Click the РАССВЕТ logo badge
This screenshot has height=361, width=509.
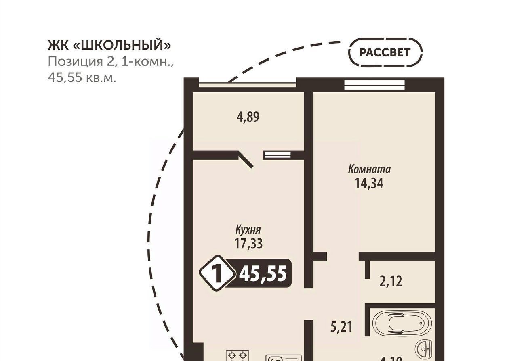click(x=385, y=52)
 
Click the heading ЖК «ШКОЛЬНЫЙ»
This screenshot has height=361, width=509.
click(x=109, y=46)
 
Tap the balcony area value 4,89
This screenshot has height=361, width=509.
click(x=248, y=117)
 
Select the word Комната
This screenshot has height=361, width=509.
click(x=369, y=169)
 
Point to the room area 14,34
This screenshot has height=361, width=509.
click(x=369, y=184)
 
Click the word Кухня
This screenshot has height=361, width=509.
click(x=248, y=230)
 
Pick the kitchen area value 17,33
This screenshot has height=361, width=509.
click(x=248, y=244)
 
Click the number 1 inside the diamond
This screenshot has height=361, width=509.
click(x=217, y=274)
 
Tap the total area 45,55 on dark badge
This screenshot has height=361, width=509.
click(x=263, y=274)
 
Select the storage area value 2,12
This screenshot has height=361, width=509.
click(x=391, y=281)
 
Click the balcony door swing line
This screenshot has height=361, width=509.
click(x=246, y=159)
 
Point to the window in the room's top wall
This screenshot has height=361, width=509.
click(x=374, y=85)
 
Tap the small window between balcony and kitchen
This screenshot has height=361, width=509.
click(x=277, y=155)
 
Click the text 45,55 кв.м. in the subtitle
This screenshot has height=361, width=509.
click(x=82, y=78)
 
